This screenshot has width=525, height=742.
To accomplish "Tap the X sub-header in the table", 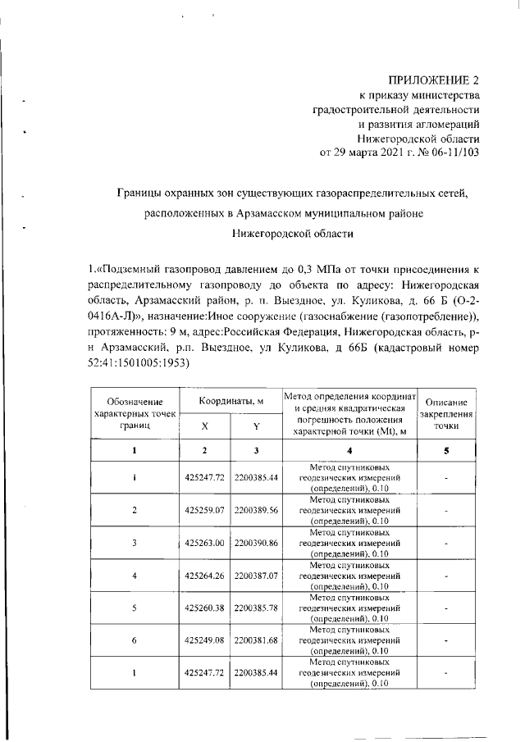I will [204, 426].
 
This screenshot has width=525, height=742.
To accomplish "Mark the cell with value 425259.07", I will [204, 509].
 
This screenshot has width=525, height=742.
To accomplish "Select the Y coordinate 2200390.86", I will [256, 543].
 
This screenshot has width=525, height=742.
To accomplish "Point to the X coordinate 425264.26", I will [204, 576].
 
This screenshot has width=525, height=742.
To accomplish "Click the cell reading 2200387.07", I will [256, 576].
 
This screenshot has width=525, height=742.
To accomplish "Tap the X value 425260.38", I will [204, 608].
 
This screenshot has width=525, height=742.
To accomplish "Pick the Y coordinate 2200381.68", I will [256, 640].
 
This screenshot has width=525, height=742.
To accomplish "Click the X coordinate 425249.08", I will [204, 640].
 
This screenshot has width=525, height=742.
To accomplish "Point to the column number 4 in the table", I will [349, 450].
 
